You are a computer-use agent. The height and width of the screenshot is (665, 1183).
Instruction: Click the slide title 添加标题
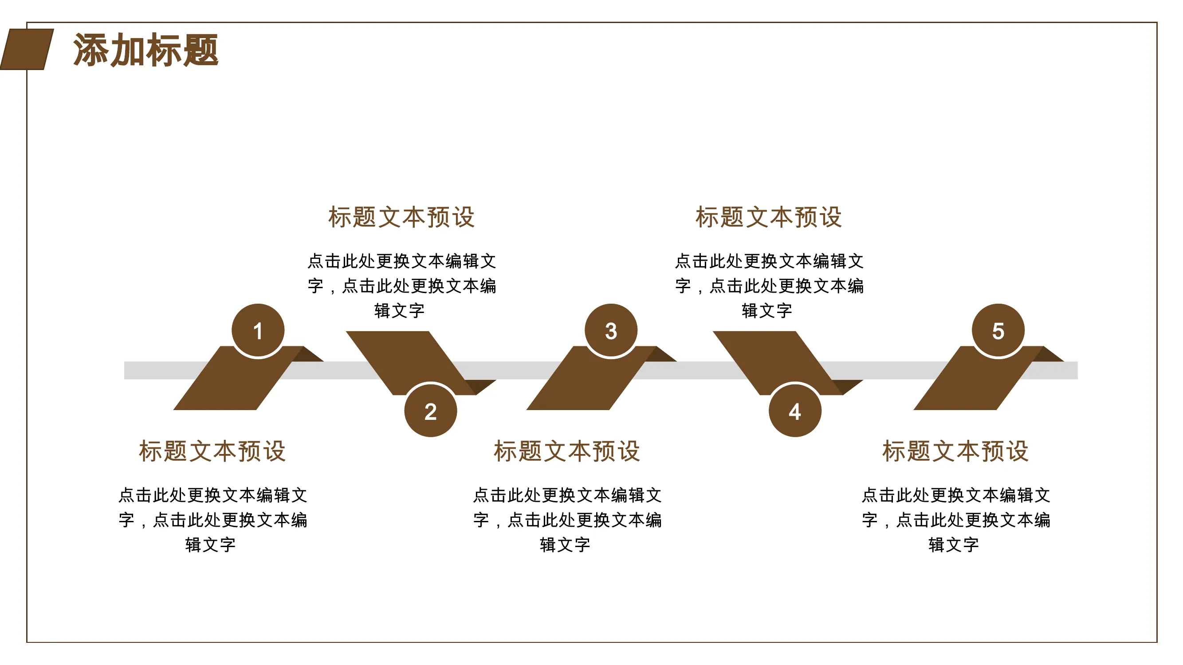point(145,50)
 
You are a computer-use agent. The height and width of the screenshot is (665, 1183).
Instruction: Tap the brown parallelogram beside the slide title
point(27,50)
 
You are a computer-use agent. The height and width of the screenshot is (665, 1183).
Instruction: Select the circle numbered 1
point(258,330)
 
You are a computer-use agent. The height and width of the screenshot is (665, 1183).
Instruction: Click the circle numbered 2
point(431,410)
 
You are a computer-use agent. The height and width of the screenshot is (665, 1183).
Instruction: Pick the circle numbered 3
point(611,330)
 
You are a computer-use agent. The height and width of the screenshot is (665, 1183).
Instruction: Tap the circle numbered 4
point(795,410)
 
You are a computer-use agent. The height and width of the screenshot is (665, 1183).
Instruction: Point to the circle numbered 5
point(998,330)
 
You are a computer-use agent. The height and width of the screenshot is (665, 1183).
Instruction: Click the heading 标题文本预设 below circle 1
point(212,451)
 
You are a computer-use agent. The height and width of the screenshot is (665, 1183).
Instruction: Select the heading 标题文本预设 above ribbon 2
point(401,217)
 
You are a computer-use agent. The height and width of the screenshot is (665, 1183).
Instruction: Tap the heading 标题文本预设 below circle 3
point(567,451)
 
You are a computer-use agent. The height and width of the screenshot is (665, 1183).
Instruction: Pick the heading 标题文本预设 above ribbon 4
point(769,217)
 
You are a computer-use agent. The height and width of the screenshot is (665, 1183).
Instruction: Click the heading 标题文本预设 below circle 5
point(955,451)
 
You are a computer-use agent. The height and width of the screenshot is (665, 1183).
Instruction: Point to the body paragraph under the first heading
point(212,520)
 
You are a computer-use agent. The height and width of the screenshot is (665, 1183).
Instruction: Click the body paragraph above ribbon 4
point(769,286)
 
